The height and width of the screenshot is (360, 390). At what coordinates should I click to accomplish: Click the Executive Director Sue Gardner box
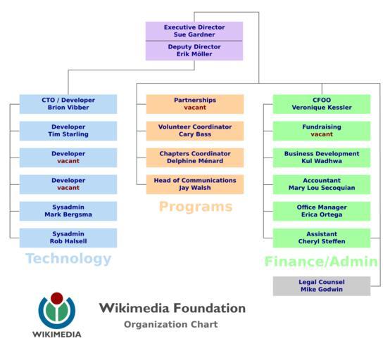tap(194, 31)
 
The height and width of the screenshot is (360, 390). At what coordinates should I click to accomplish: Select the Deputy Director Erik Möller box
tap(194, 51)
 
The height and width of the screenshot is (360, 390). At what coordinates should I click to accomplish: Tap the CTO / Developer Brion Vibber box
tap(68, 104)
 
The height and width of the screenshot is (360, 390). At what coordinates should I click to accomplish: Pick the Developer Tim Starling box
tap(68, 131)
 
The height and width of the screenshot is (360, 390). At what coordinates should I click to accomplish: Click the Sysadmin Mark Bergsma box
tap(68, 211)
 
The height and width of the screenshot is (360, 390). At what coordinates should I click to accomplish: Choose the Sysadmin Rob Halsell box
tap(68, 238)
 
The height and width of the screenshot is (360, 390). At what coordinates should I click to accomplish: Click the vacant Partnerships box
tap(195, 104)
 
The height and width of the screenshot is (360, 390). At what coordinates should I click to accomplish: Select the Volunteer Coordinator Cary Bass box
tap(195, 131)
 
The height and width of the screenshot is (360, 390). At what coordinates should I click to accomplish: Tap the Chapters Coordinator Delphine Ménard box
tap(195, 157)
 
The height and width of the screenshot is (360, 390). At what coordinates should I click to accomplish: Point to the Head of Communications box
tap(195, 184)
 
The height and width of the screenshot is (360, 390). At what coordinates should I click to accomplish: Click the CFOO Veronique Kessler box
tap(322, 104)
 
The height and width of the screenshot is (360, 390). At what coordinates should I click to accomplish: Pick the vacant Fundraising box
tap(322, 131)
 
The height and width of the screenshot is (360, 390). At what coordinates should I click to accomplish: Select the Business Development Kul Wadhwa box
tap(322, 157)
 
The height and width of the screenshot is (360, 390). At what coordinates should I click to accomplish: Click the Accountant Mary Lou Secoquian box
tap(322, 184)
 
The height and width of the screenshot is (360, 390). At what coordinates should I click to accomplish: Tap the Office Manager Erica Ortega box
tap(322, 211)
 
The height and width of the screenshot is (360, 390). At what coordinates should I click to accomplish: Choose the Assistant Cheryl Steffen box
tap(322, 238)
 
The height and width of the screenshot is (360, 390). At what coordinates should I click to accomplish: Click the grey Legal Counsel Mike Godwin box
tap(322, 286)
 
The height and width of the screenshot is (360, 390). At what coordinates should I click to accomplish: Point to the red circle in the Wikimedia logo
tap(57, 298)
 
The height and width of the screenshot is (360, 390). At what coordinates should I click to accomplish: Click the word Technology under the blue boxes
tap(68, 259)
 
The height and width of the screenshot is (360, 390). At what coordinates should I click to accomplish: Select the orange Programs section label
tap(196, 207)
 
